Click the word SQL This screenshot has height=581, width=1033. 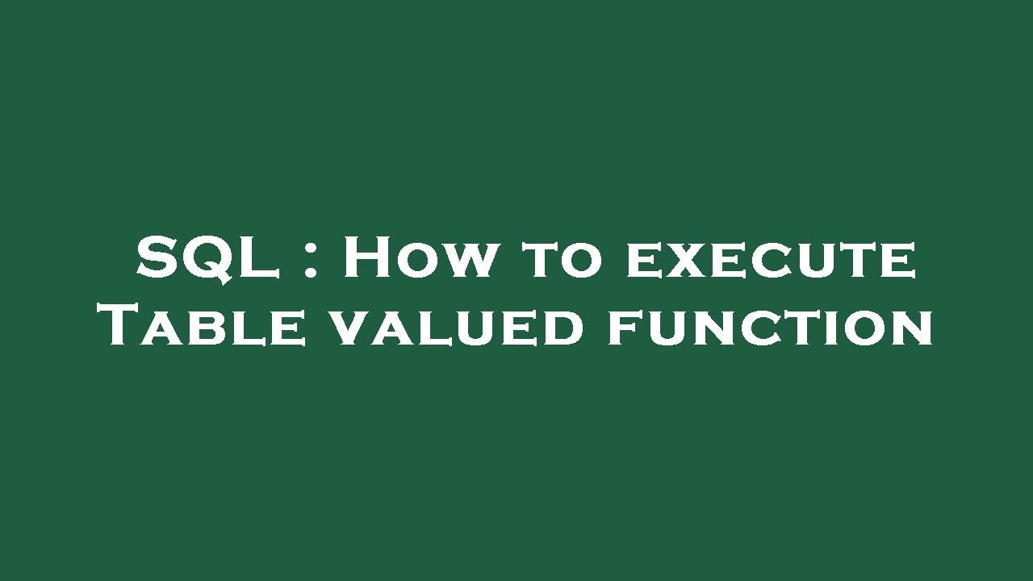tap(207, 258)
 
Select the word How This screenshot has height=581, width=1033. tap(417, 258)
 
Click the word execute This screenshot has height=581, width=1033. tap(771, 261)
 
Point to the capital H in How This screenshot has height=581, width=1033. tap(369, 258)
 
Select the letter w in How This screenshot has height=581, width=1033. tap(466, 262)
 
